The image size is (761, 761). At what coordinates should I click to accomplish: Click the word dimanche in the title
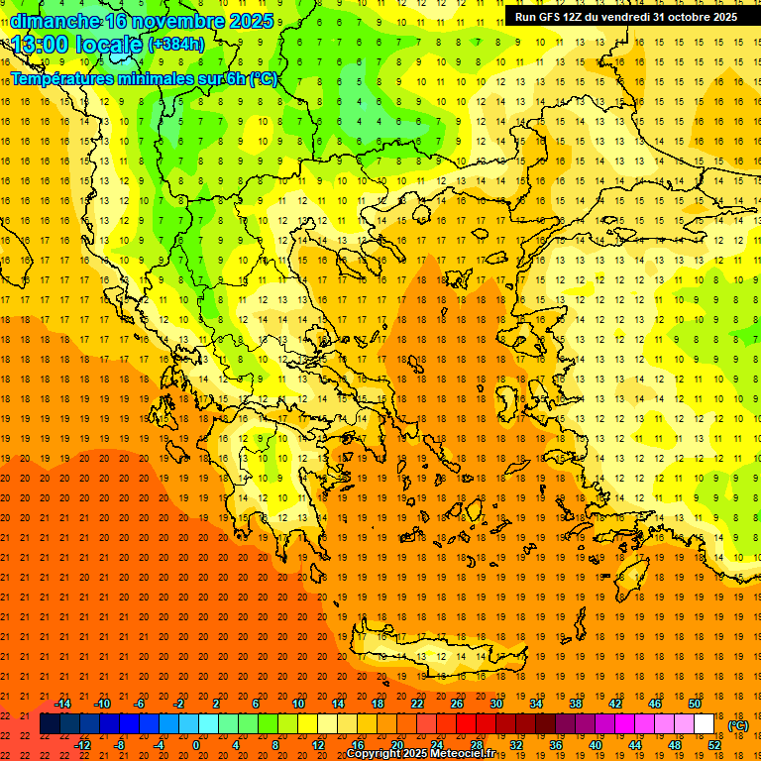pos(54,20)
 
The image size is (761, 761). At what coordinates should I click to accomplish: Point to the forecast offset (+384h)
pos(175,45)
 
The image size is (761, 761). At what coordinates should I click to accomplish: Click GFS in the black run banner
pos(553,17)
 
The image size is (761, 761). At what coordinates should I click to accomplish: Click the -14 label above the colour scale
pos(61,704)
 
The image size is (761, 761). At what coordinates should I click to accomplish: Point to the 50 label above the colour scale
pos(696,704)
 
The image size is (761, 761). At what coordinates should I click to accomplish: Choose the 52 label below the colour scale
pos(714,745)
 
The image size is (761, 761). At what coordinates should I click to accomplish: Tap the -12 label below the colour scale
pos(82,745)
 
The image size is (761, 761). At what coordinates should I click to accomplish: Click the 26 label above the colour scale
pos(457,704)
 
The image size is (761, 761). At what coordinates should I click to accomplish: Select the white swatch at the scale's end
pos(705,724)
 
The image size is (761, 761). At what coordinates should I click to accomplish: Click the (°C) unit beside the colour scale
pos(738,725)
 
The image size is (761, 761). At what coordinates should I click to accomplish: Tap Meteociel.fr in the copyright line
pos(469,754)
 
